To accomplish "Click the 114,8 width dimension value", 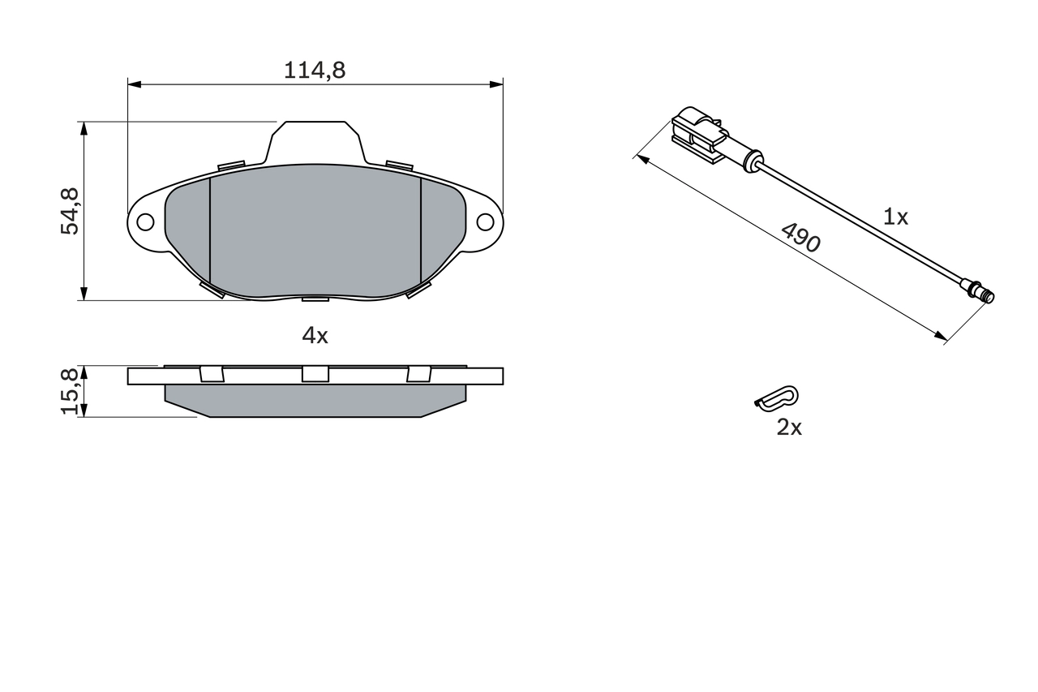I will pos(315,71).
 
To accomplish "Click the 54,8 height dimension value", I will pos(71,212).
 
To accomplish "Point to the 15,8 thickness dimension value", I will pos(71,391).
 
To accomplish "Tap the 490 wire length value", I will pos(800,238).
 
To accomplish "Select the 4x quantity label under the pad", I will pos(315,335).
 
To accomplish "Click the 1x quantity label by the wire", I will pos(895,217).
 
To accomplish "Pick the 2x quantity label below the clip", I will pos(788,428).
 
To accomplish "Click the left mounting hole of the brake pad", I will pos(145,221).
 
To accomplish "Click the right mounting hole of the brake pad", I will pos(485,221).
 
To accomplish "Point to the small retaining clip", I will pos(776,398).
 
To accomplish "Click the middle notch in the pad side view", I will pos(315,374).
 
